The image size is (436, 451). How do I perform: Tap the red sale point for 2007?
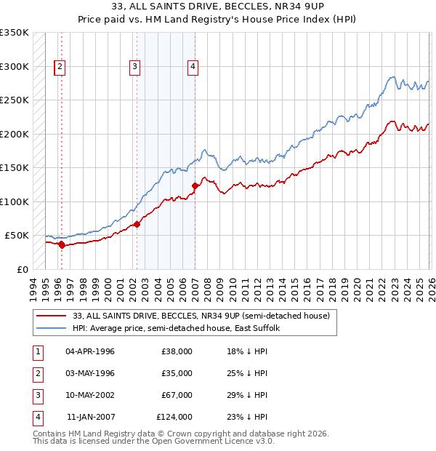point(195,186)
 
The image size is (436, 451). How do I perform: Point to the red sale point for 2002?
point(137,224)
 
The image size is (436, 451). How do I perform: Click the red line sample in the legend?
point(51,316)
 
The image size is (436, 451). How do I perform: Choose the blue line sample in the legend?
point(51,328)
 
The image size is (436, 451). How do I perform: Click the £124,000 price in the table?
point(174,417)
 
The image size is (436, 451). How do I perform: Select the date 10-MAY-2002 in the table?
point(90,395)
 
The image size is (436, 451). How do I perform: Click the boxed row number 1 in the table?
point(36,351)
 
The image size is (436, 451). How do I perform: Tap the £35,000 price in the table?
point(177,373)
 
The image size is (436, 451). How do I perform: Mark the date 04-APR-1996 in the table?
point(90,351)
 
